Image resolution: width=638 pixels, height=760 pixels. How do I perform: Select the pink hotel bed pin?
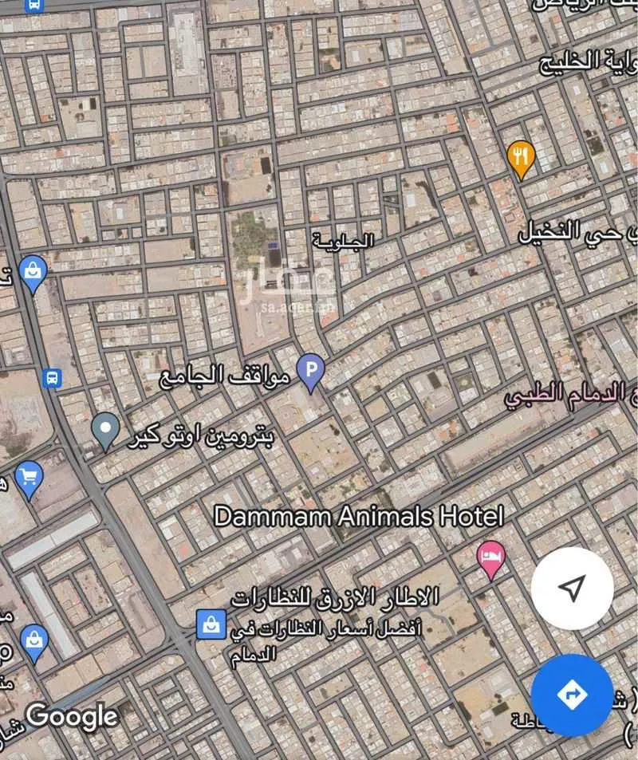[x=490, y=557]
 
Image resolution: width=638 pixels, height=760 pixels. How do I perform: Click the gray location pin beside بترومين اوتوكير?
[x=105, y=430]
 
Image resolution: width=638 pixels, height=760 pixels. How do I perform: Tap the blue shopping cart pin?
[x=29, y=478]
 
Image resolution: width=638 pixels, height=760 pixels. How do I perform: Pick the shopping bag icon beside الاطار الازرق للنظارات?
[x=211, y=623]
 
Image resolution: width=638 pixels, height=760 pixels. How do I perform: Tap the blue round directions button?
[x=572, y=695]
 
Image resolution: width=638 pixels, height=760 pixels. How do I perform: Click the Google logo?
[x=72, y=715]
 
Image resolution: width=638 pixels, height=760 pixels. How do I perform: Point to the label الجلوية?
[x=343, y=240]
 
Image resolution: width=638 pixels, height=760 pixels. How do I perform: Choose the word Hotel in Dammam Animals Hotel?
[x=471, y=516]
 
